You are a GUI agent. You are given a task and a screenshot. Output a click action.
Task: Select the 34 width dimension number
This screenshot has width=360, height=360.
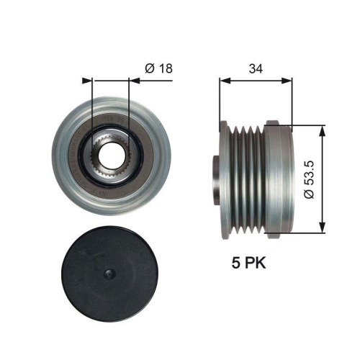(x=255, y=68)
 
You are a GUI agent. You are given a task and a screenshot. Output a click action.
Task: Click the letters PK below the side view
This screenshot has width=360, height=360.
(x=253, y=264)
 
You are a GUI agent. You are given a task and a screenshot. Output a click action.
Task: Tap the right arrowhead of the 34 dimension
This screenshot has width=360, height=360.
(x=287, y=80)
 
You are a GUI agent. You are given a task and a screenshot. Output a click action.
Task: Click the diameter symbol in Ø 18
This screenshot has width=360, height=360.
(x=148, y=68)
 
